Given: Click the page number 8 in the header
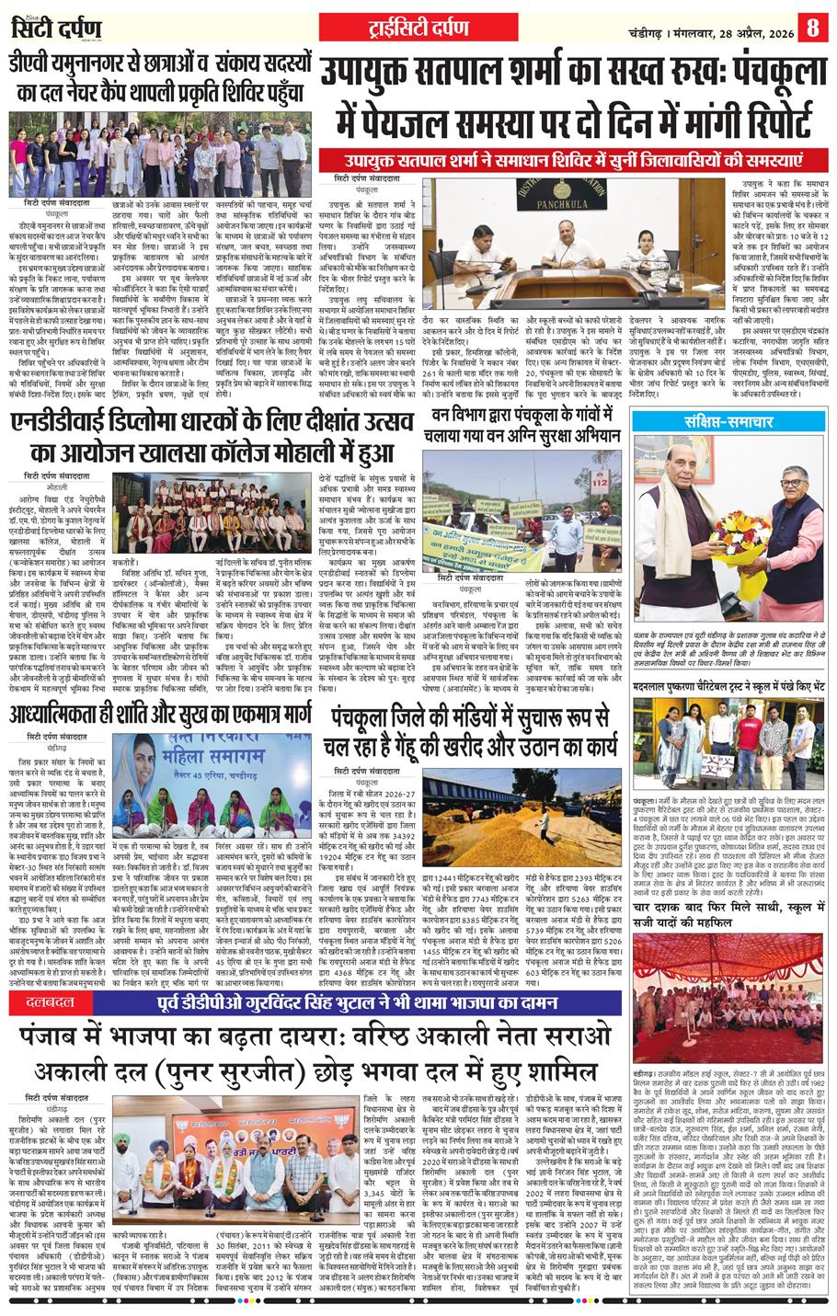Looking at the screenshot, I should click(x=812, y=27).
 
